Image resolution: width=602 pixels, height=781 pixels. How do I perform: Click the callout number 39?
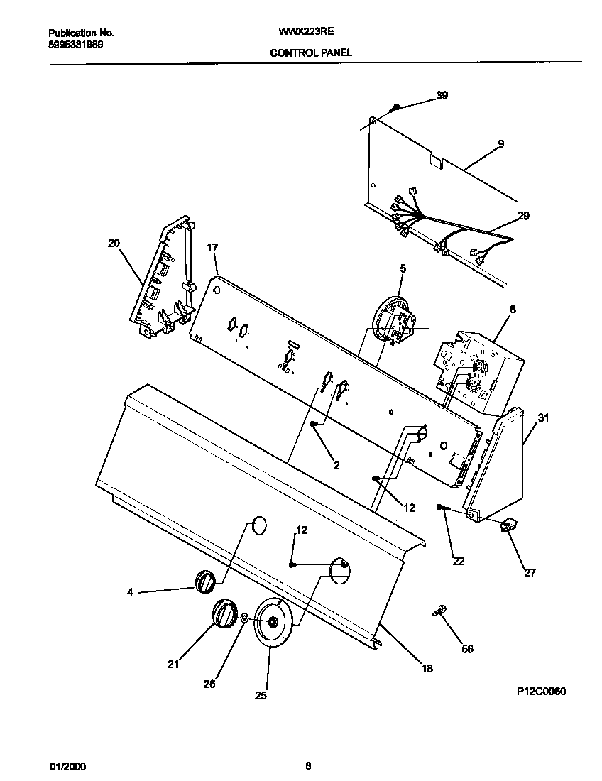coord(442,95)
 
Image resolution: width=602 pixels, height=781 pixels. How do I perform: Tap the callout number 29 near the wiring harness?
coord(522,215)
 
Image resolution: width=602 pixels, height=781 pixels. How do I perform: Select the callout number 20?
coord(114,243)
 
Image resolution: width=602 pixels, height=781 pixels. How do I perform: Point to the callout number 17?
coord(212,248)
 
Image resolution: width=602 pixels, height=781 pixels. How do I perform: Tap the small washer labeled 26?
coord(244,618)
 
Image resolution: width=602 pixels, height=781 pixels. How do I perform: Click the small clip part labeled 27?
coord(508,525)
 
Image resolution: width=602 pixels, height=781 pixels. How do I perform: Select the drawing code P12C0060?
coord(541,691)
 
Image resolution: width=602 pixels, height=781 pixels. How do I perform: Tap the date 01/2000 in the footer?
coord(67,766)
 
